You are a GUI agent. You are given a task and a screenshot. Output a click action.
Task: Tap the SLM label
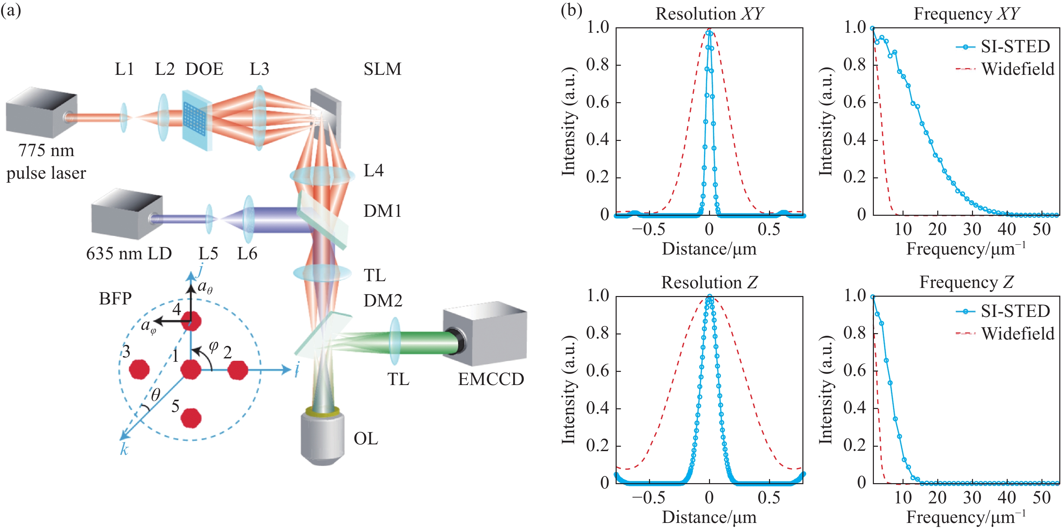tap(382, 69)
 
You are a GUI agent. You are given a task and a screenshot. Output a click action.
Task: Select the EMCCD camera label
tap(491, 379)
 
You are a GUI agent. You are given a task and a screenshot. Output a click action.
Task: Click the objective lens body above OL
tap(322, 437)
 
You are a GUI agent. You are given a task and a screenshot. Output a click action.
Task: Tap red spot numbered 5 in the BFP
tap(191, 418)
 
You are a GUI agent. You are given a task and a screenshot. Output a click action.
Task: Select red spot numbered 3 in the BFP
tap(139, 369)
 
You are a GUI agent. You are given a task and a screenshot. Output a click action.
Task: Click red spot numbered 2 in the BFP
tap(238, 370)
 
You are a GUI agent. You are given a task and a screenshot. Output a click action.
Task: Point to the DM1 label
tap(382, 211)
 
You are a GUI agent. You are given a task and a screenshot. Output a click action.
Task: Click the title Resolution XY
tap(709, 13)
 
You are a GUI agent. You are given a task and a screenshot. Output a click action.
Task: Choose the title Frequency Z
tap(966, 283)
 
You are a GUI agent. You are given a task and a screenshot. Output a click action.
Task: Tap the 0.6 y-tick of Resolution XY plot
tap(597, 102)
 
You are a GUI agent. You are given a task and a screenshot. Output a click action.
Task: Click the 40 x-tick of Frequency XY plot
tap(1006, 229)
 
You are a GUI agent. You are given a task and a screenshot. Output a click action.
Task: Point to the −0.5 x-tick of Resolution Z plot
tap(649, 498)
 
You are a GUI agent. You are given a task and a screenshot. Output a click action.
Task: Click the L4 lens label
tap(374, 170)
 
